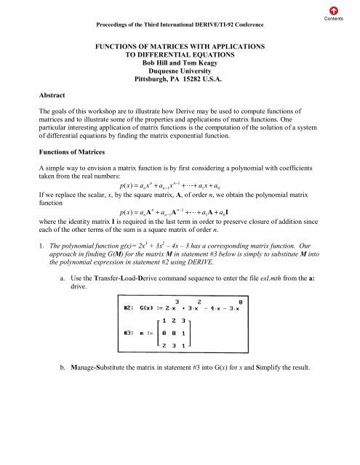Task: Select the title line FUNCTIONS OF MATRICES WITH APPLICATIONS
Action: (x=180, y=47)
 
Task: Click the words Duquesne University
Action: (x=180, y=72)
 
